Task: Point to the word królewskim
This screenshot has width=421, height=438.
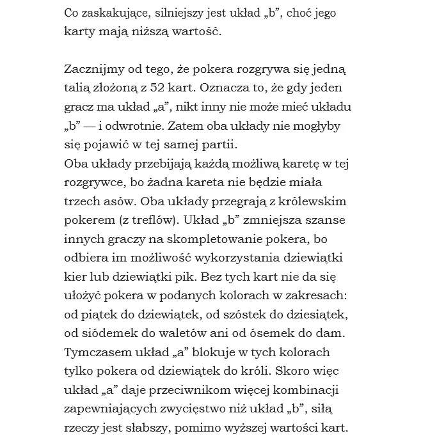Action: coord(310,201)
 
